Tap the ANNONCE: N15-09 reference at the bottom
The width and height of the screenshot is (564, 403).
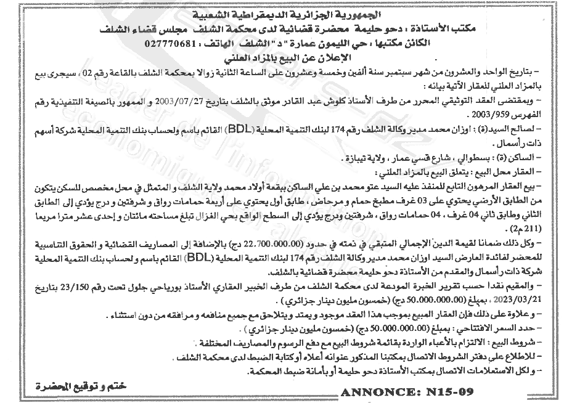(405, 391)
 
